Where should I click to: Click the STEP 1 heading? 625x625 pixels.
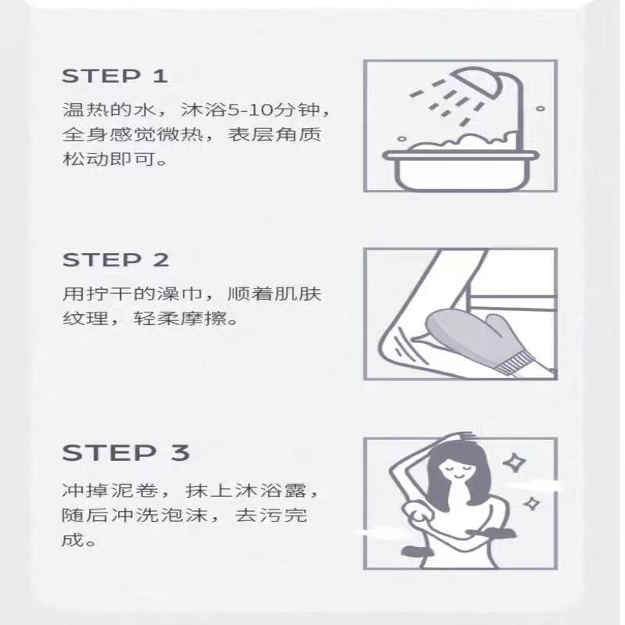click(114, 76)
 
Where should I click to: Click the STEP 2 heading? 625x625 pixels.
click(116, 260)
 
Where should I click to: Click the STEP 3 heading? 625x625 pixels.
click(126, 453)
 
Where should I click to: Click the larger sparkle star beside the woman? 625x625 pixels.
click(514, 462)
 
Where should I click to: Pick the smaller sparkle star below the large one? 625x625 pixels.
click(531, 504)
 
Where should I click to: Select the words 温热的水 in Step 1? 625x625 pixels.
click(109, 109)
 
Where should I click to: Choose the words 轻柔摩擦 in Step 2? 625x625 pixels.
click(180, 319)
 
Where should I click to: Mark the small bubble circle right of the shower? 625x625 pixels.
click(541, 109)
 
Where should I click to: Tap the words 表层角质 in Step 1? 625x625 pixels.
click(274, 134)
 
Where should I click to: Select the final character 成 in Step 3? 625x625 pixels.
click(73, 540)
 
